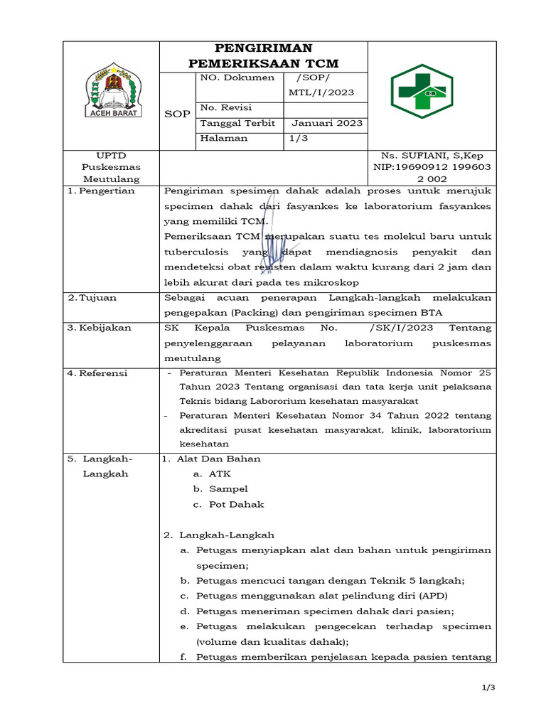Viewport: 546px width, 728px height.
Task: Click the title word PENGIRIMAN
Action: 264,48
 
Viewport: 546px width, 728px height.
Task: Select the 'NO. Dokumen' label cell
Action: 237,77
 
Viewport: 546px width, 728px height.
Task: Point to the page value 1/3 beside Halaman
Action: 299,138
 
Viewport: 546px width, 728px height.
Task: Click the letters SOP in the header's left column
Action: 177,114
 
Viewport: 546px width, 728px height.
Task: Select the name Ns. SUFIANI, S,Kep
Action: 432,156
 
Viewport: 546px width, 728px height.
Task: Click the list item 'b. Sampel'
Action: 220,489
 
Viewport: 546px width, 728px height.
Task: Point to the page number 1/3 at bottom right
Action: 488,687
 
